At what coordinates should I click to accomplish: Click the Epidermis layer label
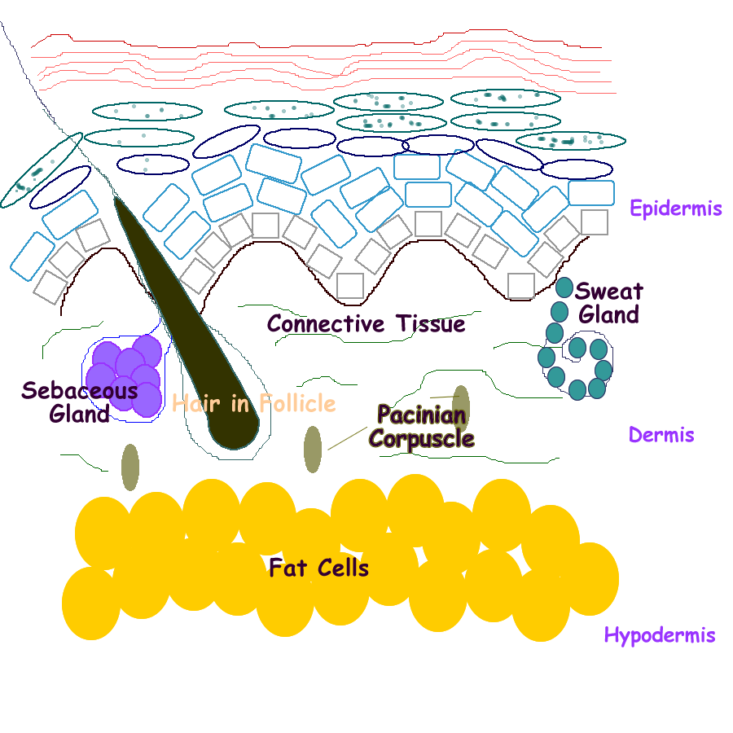click(x=675, y=208)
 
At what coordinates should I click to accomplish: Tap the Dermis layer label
click(x=661, y=435)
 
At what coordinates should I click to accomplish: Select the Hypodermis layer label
click(x=660, y=635)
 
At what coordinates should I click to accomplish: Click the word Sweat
click(x=608, y=292)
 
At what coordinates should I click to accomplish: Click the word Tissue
click(x=431, y=324)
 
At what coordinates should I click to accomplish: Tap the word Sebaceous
click(x=79, y=391)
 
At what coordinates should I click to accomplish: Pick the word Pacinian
click(x=421, y=415)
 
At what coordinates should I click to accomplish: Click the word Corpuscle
click(x=421, y=439)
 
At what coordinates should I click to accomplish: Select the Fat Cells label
click(x=319, y=568)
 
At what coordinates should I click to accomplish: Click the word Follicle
click(x=297, y=403)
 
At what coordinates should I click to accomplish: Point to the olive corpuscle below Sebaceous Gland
click(x=129, y=467)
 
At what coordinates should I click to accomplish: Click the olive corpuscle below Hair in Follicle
click(x=313, y=449)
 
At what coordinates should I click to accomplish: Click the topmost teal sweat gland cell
click(x=564, y=287)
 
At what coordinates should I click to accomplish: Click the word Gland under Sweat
click(x=609, y=314)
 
